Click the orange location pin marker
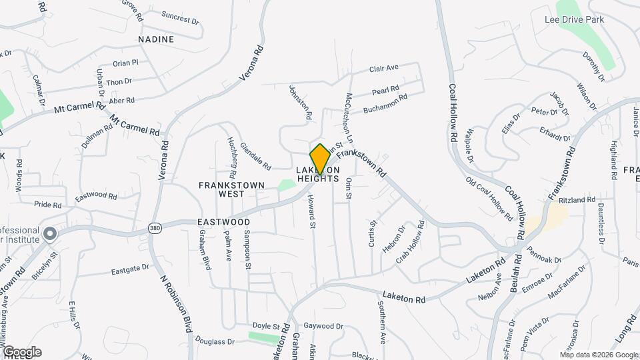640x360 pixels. click(x=320, y=158)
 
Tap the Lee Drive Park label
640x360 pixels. click(x=574, y=20)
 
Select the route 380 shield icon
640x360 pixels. click(x=154, y=227)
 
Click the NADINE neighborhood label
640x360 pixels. click(x=156, y=39)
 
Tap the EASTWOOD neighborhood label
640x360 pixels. click(x=223, y=222)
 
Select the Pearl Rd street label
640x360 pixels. click(x=385, y=89)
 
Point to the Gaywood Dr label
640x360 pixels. click(x=323, y=327)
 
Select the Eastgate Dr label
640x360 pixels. click(x=129, y=270)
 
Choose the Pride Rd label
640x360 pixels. click(x=47, y=205)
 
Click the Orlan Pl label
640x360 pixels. click(x=125, y=63)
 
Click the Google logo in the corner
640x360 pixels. click(x=21, y=352)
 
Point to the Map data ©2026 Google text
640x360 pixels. click(x=598, y=354)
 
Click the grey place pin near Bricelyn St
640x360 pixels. click(x=49, y=234)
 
